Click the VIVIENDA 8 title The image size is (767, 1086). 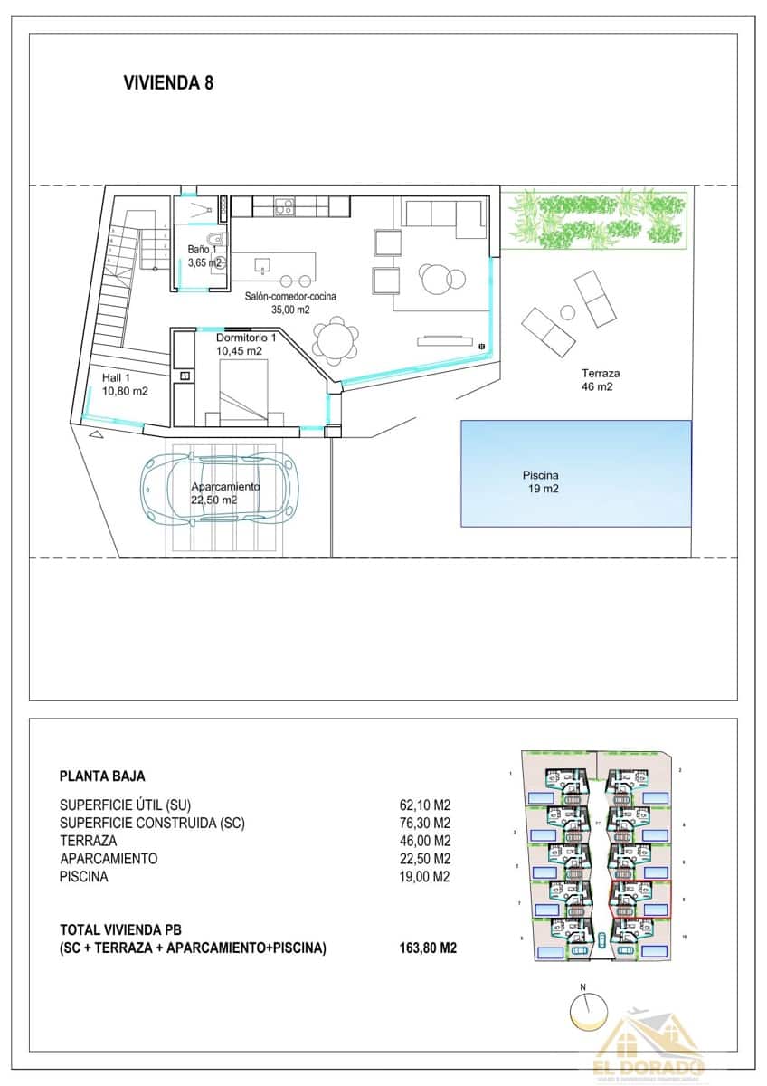coord(167,83)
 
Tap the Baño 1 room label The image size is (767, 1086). coord(204,256)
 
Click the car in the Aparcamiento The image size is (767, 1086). coord(221,488)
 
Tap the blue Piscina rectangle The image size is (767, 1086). coord(575,472)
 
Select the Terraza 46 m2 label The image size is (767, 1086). coord(601,379)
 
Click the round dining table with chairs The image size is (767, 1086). coord(335,340)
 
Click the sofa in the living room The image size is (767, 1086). coord(443,215)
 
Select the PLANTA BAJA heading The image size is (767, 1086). coord(102,776)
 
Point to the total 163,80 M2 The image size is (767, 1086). coord(427,948)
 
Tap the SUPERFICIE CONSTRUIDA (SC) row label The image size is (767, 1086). coord(152,823)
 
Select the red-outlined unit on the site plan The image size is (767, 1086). coord(640,898)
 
